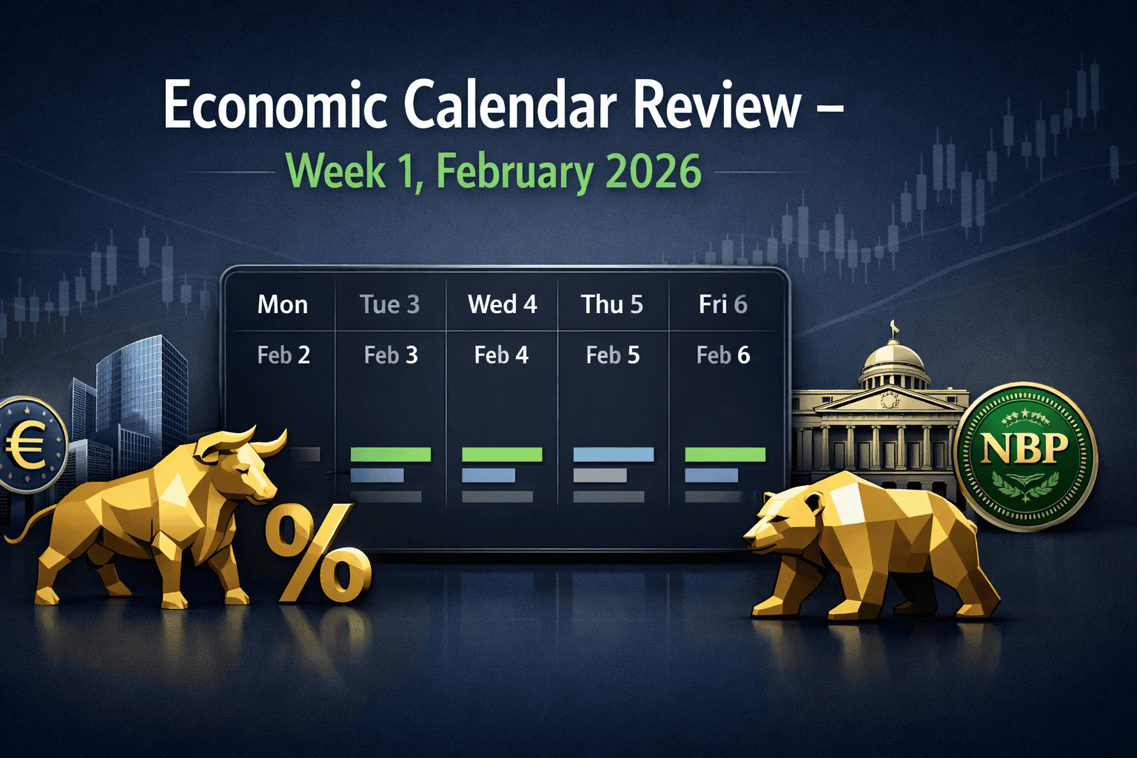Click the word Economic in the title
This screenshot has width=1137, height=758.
275,106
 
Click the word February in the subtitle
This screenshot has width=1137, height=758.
514,172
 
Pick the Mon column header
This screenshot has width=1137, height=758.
283,305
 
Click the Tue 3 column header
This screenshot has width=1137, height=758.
390,305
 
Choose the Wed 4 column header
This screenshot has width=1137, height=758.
502,305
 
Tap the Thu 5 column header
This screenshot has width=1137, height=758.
612,305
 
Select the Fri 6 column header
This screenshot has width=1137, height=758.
723,305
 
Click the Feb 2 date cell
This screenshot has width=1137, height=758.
284,355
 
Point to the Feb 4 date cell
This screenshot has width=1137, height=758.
501,355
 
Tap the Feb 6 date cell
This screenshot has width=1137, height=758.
723,355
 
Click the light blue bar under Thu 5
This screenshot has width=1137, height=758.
613,455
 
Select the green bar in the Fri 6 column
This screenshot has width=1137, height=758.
725,455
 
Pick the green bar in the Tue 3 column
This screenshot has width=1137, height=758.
390,455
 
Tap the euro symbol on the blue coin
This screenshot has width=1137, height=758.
24,446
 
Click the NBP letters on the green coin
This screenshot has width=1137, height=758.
1024,448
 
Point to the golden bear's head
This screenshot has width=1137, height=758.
782,523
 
